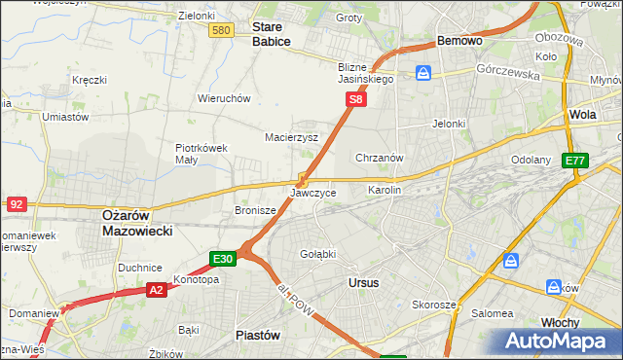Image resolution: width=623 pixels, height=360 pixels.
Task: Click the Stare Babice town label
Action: click(x=274, y=34)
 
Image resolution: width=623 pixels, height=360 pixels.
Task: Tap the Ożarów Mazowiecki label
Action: click(x=137, y=223)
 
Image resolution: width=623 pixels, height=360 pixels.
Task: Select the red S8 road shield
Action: click(x=357, y=99)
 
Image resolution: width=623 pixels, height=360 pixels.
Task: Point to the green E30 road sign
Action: click(x=223, y=259)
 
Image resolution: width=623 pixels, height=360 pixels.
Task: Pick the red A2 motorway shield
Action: click(x=157, y=289)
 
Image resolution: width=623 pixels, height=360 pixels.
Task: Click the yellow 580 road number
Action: click(x=221, y=31)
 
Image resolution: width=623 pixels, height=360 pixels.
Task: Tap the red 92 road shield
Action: click(x=16, y=204)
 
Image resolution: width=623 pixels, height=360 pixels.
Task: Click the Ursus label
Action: click(x=363, y=282)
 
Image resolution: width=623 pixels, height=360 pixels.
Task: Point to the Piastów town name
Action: click(x=258, y=334)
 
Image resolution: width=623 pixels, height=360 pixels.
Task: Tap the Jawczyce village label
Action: click(x=313, y=194)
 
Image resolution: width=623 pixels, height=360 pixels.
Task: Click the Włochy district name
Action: click(x=560, y=321)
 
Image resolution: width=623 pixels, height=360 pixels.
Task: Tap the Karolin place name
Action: click(x=385, y=191)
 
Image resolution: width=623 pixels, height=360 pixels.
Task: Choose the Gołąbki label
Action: click(x=318, y=254)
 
